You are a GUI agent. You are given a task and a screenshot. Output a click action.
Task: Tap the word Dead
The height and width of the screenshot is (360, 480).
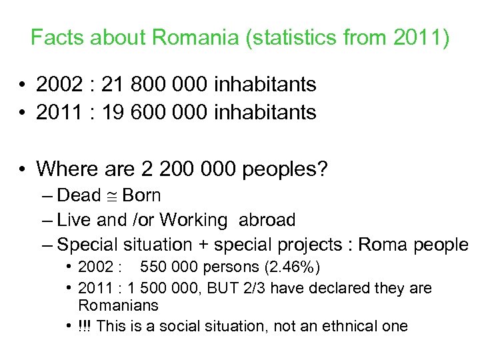(79, 196)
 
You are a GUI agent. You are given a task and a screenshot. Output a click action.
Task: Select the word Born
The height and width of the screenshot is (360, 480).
(141, 196)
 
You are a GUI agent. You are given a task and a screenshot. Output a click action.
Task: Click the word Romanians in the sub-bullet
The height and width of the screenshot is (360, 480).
(118, 306)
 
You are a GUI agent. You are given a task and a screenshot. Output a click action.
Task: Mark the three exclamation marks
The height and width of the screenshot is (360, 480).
(84, 326)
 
